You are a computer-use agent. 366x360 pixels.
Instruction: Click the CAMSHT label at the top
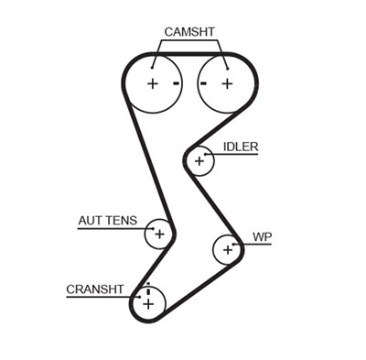[x=189, y=32]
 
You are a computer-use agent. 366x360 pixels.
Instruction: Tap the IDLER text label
[x=241, y=147]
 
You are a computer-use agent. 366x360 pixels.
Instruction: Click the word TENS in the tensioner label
[x=121, y=221]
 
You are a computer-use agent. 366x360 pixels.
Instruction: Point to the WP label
[x=263, y=237]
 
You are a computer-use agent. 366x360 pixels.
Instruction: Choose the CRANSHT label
[x=94, y=289]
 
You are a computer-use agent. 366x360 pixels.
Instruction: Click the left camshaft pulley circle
[x=152, y=83]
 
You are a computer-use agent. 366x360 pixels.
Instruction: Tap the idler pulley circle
[x=199, y=161]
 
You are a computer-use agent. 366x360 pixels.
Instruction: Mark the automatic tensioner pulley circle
[x=159, y=234]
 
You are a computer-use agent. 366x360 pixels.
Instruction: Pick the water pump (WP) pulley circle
[x=227, y=247]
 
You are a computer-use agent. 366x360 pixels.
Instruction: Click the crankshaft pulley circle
[x=147, y=301]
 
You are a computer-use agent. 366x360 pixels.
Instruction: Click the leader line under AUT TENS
[x=110, y=229]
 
